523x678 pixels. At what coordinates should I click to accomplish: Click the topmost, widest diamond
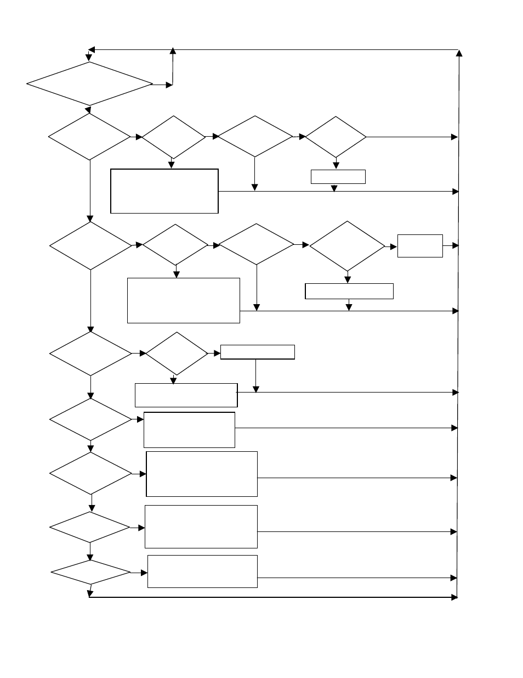89,83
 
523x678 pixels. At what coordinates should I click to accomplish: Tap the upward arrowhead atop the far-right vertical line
459,53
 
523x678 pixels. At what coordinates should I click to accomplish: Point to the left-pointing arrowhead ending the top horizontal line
92,49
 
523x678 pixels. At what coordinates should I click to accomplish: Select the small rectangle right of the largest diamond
420,246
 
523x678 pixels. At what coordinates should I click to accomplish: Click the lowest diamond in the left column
90,572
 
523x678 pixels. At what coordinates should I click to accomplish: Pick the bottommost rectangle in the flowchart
202,571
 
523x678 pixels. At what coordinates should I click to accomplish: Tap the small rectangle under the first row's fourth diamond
338,177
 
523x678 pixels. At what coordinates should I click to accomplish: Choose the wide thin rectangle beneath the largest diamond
349,291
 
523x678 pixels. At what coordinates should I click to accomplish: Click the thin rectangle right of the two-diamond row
257,352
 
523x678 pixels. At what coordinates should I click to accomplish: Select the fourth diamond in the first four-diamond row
336,137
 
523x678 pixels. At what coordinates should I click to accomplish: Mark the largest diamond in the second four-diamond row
347,246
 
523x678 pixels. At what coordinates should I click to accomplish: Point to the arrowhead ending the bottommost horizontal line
454,597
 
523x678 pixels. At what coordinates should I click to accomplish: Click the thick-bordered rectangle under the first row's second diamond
164,191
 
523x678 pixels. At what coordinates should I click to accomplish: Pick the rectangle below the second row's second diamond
183,300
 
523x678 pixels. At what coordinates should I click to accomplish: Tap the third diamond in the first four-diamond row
255,136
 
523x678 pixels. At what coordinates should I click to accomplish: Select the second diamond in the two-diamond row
176,354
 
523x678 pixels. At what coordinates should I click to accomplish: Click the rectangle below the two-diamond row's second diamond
186,395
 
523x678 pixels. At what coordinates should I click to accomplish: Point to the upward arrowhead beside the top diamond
173,51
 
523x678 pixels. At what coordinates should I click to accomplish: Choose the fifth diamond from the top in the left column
90,419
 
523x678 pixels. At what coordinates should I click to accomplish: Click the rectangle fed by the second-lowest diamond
201,526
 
